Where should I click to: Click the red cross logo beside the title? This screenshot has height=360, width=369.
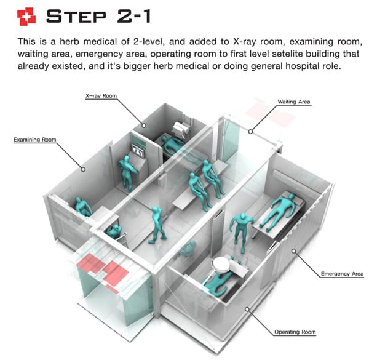(x=26, y=16)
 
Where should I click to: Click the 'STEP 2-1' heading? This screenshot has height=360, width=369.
(x=98, y=16)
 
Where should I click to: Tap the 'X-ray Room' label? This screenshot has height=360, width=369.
(x=101, y=96)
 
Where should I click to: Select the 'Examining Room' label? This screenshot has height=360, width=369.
(x=35, y=140)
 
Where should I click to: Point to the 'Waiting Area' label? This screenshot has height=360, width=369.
(x=294, y=102)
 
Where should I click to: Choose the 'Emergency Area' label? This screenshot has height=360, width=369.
(x=342, y=274)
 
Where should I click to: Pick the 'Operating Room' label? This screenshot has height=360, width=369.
(x=295, y=332)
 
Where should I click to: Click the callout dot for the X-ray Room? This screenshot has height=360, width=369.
(x=143, y=126)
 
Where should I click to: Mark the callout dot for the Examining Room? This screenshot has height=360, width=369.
(x=83, y=169)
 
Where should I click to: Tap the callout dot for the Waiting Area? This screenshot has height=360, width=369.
(x=251, y=132)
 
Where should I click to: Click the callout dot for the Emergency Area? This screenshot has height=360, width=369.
(x=294, y=251)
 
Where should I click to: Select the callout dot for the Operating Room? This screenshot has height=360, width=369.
(x=247, y=309)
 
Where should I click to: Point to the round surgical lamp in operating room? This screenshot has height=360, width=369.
(x=221, y=264)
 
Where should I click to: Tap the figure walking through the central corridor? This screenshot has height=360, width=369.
(x=157, y=225)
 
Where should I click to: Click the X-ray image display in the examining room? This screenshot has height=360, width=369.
(x=138, y=151)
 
